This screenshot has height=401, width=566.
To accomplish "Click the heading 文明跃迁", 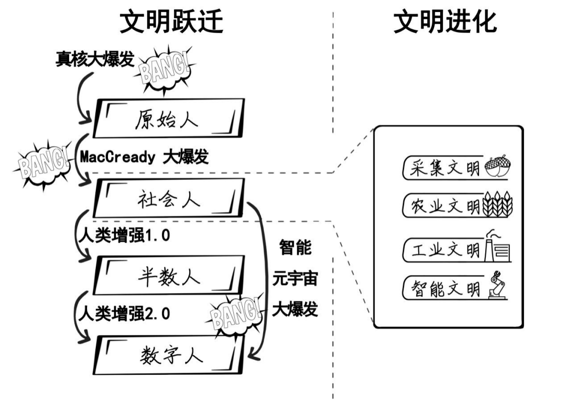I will (x=171, y=23).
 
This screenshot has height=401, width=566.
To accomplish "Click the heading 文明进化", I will (x=444, y=23).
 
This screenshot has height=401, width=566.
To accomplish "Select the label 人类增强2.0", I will (x=124, y=314).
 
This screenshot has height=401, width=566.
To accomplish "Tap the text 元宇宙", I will (x=295, y=279).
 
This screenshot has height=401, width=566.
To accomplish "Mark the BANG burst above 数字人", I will (x=235, y=315).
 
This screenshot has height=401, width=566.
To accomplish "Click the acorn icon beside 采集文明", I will (x=498, y=167).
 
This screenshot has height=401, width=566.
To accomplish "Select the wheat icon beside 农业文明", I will (x=498, y=205).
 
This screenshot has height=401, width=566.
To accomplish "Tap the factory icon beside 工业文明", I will (x=497, y=246).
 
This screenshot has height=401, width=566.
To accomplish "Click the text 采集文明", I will (x=445, y=168).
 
